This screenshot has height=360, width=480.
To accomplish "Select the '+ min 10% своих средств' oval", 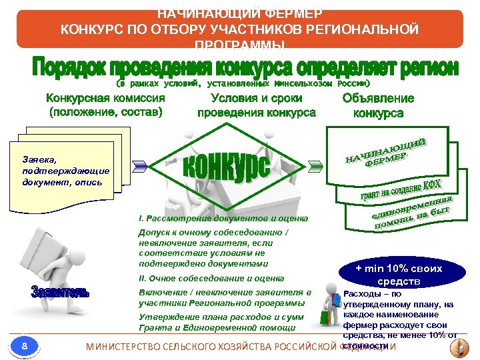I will click(399, 274).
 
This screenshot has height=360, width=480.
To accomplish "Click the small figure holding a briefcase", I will click(329, 304).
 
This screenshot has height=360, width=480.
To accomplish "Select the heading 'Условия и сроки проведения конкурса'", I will click(256, 105).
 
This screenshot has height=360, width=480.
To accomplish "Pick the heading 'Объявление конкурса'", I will click(377, 105).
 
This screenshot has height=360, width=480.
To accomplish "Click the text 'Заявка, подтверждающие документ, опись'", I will click(65, 171).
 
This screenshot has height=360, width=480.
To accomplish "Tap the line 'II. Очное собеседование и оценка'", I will click(211, 278).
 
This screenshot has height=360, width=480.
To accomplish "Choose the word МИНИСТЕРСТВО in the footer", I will click(131, 347).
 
